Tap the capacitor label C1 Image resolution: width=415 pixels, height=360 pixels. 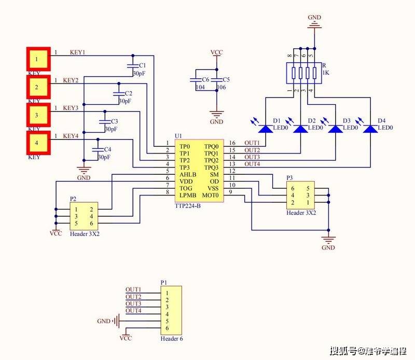coord(143,66)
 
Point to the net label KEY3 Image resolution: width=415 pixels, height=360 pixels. coord(71,108)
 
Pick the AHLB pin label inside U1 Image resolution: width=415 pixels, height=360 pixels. coord(188,175)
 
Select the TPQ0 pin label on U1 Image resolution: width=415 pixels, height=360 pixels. coord(211,147)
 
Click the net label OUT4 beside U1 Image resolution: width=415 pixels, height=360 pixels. coord(252,164)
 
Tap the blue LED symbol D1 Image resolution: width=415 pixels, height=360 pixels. coord(266,128)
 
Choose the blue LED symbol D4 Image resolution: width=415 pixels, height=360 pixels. coord(370,128)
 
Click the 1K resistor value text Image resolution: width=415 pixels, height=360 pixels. coord(326,73)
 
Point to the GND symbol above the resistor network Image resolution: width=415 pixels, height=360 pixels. coord(314,22)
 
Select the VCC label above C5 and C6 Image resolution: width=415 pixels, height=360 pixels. coord(217,53)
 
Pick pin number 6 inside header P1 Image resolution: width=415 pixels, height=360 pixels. coord(167,329)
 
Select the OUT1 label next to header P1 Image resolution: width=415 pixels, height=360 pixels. coord(133,289)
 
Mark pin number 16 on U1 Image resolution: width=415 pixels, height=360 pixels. coord(232,143)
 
